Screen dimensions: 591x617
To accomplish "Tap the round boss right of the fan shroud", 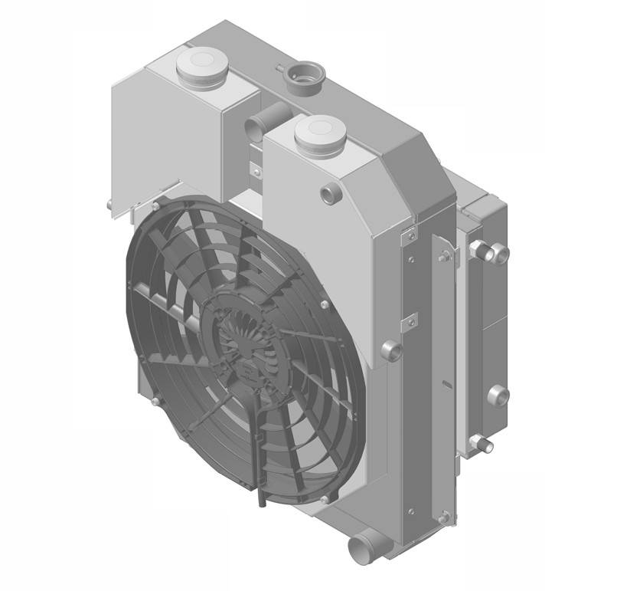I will click(x=390, y=350).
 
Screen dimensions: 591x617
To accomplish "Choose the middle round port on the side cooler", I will click(x=498, y=396).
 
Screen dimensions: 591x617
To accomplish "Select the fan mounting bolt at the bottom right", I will click(x=327, y=499).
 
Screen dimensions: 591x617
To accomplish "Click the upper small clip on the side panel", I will click(x=409, y=234).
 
